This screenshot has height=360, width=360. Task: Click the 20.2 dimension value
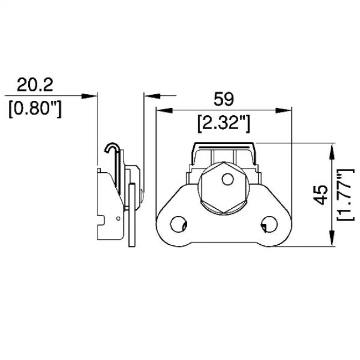tap(35, 85)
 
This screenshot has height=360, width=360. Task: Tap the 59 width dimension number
tap(224, 99)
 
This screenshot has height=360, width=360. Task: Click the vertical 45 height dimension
tap(321, 195)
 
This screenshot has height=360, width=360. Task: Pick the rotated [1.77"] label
tap(346, 195)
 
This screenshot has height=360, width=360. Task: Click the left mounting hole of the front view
tap(179, 224)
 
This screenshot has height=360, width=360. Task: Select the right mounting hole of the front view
tap(269, 224)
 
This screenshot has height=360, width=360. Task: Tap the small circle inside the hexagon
tap(228, 179)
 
